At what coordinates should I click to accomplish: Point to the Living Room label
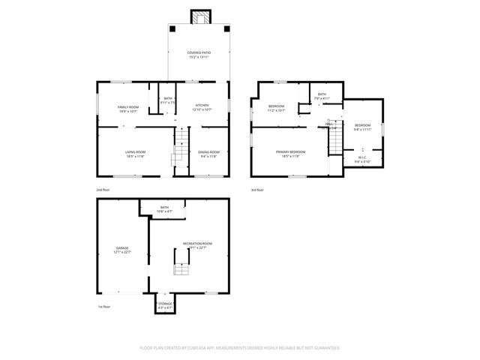click(135, 154)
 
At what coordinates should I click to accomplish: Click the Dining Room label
click(208, 154)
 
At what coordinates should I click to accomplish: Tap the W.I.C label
click(362, 158)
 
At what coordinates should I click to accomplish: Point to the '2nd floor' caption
click(103, 190)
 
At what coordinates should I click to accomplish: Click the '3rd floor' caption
click(258, 190)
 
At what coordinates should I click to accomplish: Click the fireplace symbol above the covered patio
click(199, 17)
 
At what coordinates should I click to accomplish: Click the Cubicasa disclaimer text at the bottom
click(240, 348)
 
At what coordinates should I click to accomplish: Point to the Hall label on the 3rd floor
click(329, 124)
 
